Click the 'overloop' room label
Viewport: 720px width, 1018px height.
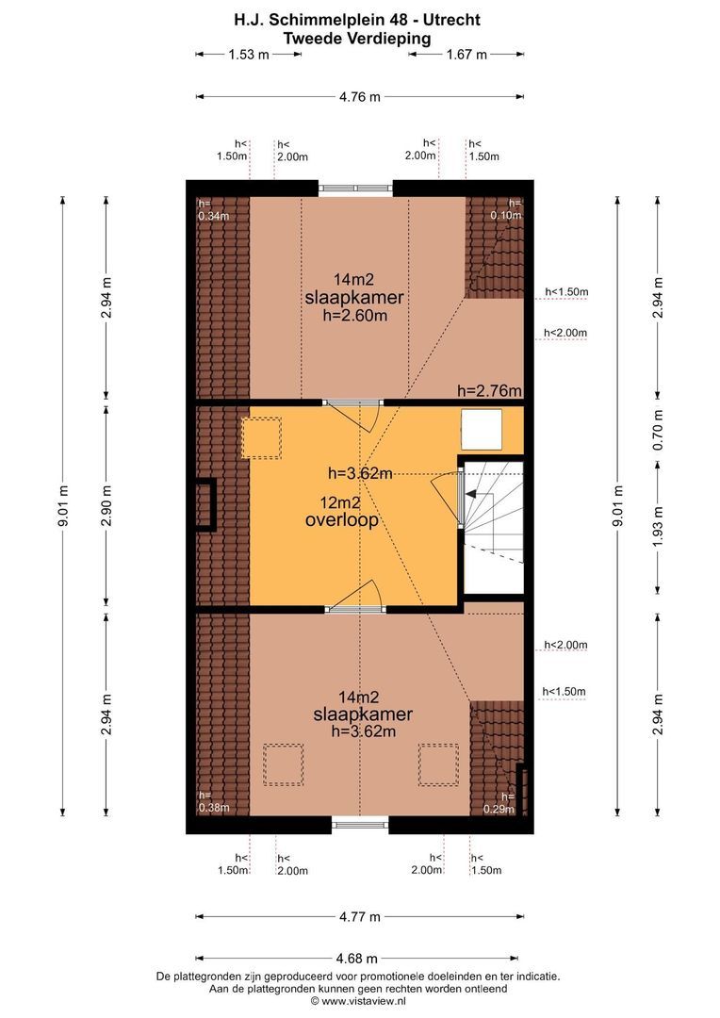coord(341,520)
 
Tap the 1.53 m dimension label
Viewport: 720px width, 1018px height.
coord(248,55)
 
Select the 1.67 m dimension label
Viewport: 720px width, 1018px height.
coord(466,55)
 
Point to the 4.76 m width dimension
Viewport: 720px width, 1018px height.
coord(360,97)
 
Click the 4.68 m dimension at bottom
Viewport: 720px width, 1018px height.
coord(357,959)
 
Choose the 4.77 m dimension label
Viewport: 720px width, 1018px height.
coord(360,917)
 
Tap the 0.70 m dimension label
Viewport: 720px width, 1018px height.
coord(659,430)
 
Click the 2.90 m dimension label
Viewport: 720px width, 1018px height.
coord(106,506)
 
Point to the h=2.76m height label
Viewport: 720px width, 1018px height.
coord(489,391)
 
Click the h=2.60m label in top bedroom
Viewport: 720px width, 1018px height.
coord(354,316)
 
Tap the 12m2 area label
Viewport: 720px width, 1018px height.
coord(340,502)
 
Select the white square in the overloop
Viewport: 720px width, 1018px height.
coord(481,430)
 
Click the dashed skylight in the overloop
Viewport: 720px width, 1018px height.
coord(262,438)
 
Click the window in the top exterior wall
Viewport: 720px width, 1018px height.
coord(356,189)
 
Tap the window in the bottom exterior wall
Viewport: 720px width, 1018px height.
coord(360,825)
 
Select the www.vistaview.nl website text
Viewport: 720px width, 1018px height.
coord(364,1002)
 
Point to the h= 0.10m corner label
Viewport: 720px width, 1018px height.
coord(506,209)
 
